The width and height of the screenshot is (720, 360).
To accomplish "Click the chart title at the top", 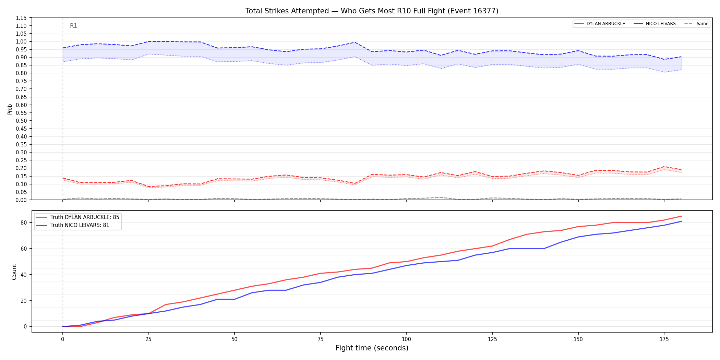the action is pyautogui.click(x=372, y=11).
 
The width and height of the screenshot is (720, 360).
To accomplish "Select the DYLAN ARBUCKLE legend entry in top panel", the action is pyautogui.click(x=600, y=24).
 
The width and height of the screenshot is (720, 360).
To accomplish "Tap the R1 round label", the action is pyautogui.click(x=73, y=26).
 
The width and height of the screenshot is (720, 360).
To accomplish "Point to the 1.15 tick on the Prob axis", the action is pyautogui.click(x=21, y=18).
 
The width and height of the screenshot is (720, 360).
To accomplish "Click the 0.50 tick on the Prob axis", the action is pyautogui.click(x=21, y=121).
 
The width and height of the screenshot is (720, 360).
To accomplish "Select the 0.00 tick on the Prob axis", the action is pyautogui.click(x=21, y=200).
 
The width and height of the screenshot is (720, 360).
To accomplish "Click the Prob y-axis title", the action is pyautogui.click(x=10, y=109).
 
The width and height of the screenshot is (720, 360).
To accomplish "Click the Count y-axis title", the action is pyautogui.click(x=14, y=272).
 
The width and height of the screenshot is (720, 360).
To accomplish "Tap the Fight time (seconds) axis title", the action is pyautogui.click(x=372, y=348).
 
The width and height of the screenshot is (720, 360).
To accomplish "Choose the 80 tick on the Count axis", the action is pyautogui.click(x=23, y=223).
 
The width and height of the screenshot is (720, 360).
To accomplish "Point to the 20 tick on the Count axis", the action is pyautogui.click(x=23, y=301).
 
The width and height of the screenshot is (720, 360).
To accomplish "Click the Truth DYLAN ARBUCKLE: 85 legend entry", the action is pyautogui.click(x=78, y=217).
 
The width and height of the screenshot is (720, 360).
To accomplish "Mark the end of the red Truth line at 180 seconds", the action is pyautogui.click(x=681, y=216).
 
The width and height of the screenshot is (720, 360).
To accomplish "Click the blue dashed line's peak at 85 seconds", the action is pyautogui.click(x=355, y=42).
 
